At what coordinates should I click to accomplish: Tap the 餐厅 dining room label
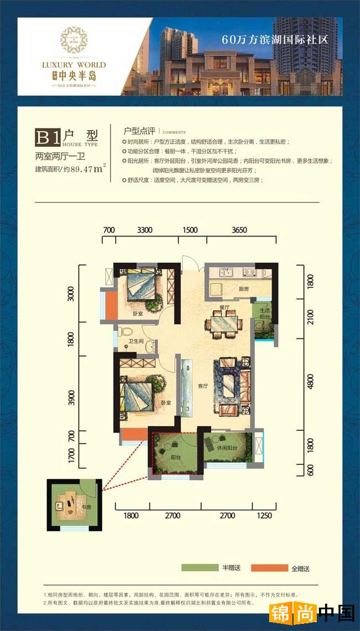[224, 306]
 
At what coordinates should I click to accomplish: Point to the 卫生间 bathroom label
[136, 342]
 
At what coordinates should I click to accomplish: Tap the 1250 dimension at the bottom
[265, 516]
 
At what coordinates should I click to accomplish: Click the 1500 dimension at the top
[189, 229]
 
